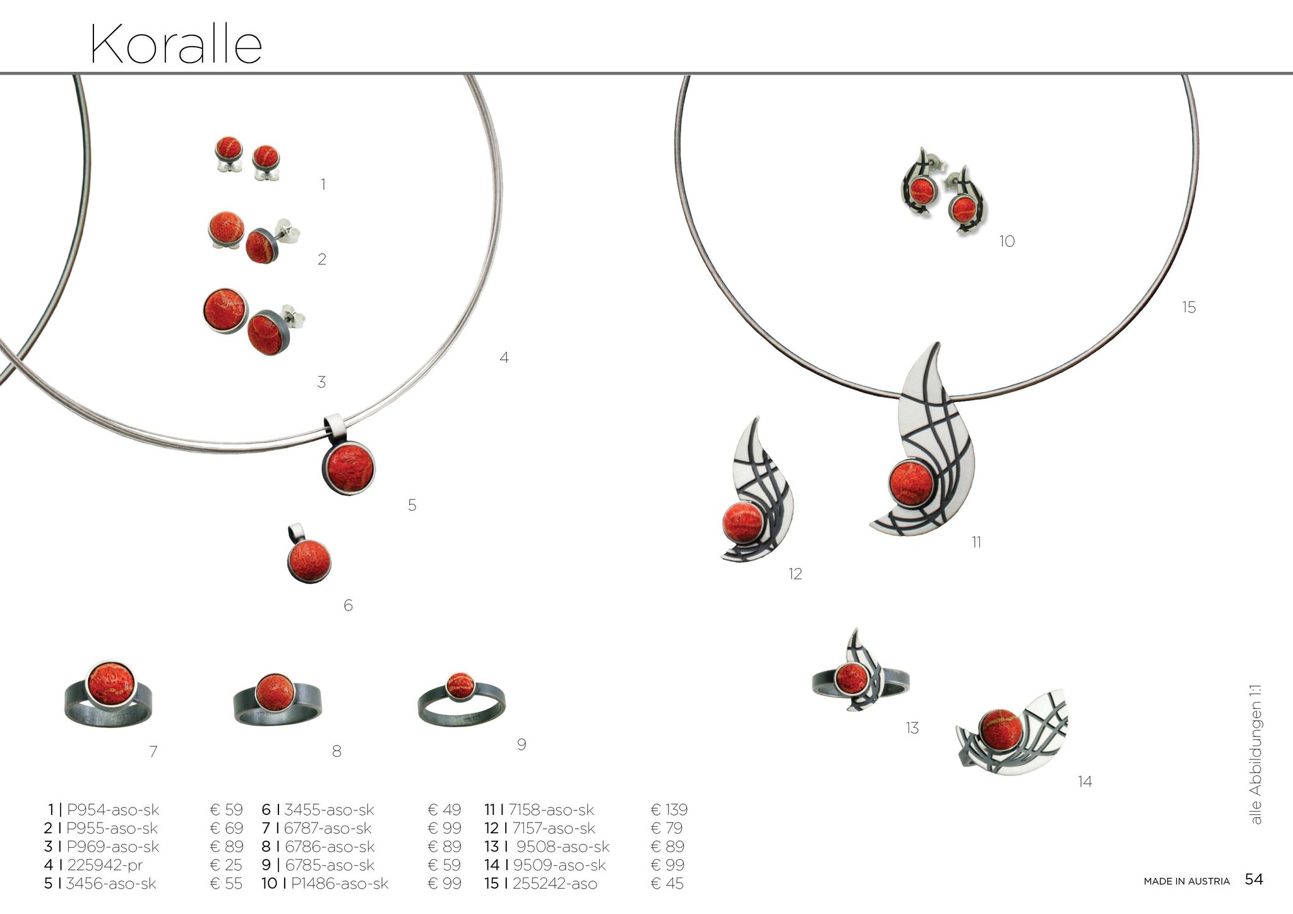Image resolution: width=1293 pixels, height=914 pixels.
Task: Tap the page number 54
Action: tap(1254, 879)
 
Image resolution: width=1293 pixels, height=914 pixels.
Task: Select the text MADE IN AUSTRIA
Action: tap(1186, 881)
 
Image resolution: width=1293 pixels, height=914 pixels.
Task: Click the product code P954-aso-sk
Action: tap(113, 809)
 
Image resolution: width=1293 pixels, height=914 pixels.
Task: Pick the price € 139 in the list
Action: tap(669, 809)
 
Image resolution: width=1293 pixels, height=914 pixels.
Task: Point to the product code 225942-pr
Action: tap(104, 865)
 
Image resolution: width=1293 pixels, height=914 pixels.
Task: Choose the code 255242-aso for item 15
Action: tap(555, 883)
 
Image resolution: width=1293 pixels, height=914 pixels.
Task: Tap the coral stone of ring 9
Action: tap(460, 685)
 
